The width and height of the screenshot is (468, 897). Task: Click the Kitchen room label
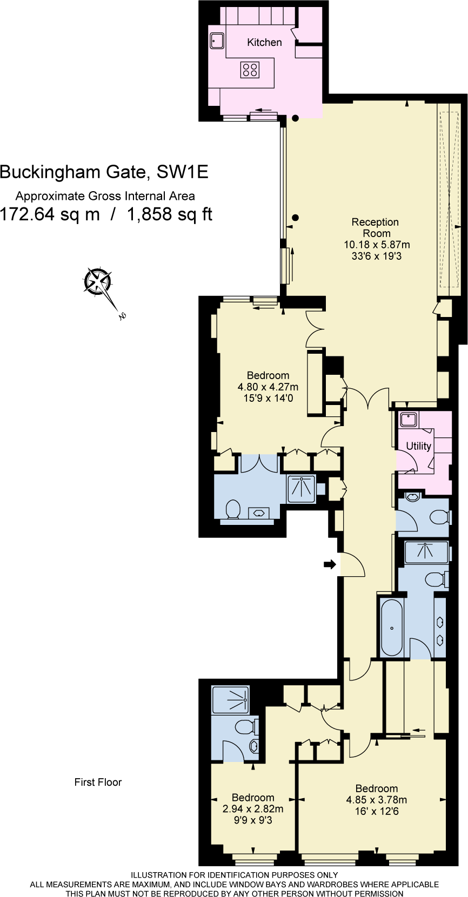coord(264,42)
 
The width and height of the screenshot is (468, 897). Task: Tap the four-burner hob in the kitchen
coord(250,69)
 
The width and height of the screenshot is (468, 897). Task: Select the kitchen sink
coord(217,40)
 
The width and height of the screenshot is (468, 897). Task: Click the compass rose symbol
coord(98,282)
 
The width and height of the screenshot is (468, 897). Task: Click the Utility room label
coord(418,446)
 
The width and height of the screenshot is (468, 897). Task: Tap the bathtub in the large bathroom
coord(392,627)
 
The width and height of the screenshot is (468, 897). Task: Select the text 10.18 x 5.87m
coord(377,245)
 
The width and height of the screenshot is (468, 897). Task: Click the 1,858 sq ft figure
coord(169,214)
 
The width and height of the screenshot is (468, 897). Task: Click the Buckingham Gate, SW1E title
coord(104,172)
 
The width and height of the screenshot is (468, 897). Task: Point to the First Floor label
coord(98,782)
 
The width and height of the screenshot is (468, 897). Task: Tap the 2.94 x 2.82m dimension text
coord(252,809)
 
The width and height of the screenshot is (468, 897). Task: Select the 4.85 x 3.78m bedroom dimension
coord(376,800)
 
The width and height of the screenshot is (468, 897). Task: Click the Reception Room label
coord(375,227)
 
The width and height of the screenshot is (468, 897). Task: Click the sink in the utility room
coord(407,420)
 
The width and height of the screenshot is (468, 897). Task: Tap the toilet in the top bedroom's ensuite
coord(233,509)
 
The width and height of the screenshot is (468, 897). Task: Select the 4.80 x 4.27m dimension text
coord(268,387)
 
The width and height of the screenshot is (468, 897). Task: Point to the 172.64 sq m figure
coord(50,214)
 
